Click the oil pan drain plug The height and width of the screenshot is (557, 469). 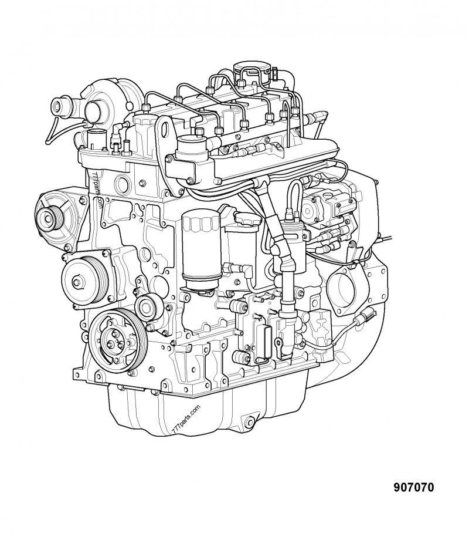pyautogui.click(x=250, y=420)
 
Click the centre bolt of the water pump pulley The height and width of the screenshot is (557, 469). pyautogui.click(x=77, y=282)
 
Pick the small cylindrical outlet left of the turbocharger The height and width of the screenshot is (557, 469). pyautogui.click(x=60, y=106)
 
